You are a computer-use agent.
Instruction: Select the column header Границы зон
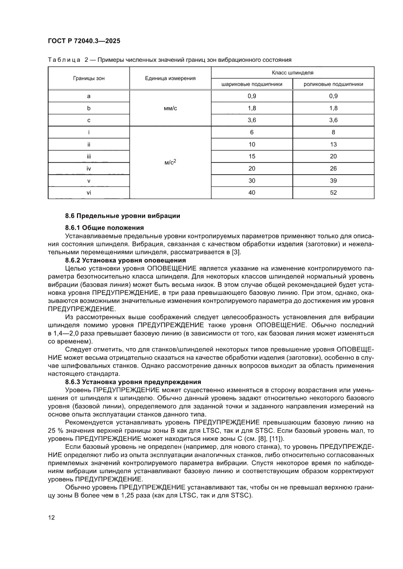(89, 78)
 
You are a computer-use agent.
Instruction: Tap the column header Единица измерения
(170, 78)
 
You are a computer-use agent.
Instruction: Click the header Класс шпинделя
(292, 72)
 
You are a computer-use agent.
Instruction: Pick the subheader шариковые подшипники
(252, 84)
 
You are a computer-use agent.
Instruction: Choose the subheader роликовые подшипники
(333, 84)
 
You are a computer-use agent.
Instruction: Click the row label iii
(89, 156)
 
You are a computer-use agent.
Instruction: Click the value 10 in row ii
(252, 144)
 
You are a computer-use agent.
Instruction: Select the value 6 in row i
(252, 132)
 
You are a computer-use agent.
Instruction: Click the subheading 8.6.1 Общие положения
(105, 227)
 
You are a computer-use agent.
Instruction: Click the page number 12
(51, 517)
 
